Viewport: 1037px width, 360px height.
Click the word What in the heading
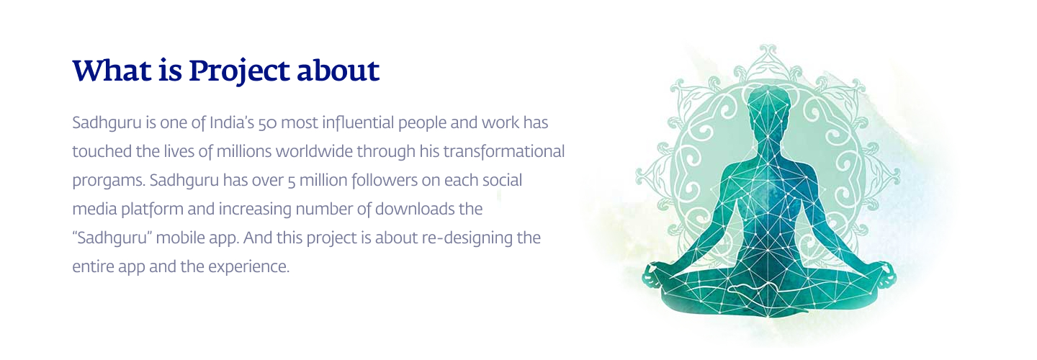coord(112,71)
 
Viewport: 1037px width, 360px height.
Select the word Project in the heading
coord(238,72)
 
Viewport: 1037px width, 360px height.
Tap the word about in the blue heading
coord(338,71)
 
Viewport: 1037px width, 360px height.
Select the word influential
coord(358,122)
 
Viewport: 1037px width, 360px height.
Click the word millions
coord(244,151)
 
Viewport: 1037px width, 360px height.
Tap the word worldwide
coord(314,151)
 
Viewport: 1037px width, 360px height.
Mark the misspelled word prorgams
coord(108,181)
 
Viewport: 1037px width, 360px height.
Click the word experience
coord(248,267)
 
